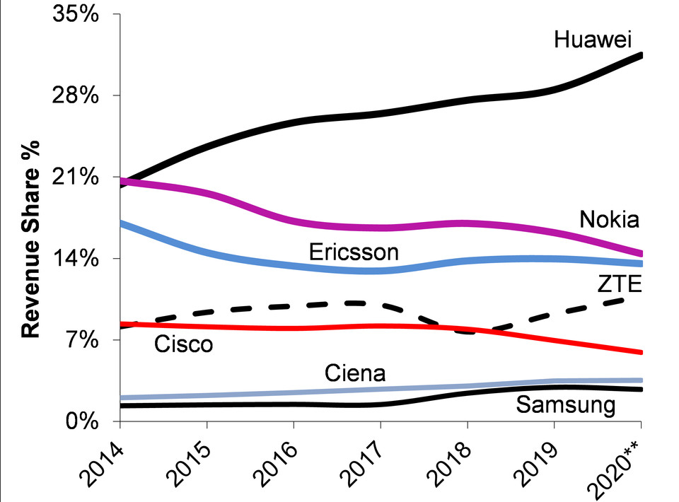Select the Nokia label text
[609, 219]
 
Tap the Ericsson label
[354, 252]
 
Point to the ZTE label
[619, 284]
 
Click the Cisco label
[182, 344]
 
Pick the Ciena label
[354, 373]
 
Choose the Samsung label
[565, 405]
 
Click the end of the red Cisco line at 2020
[640, 352]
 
